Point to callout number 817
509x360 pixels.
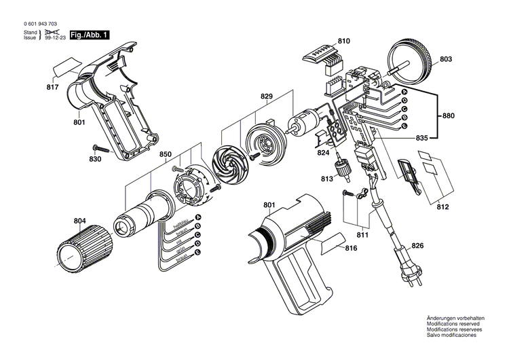click(52, 87)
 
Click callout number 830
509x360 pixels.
click(95, 159)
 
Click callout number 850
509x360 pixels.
click(166, 155)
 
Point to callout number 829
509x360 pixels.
click(266, 97)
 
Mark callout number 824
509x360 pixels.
click(323, 154)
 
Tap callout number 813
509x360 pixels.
click(328, 179)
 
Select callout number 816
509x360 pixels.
click(350, 249)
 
